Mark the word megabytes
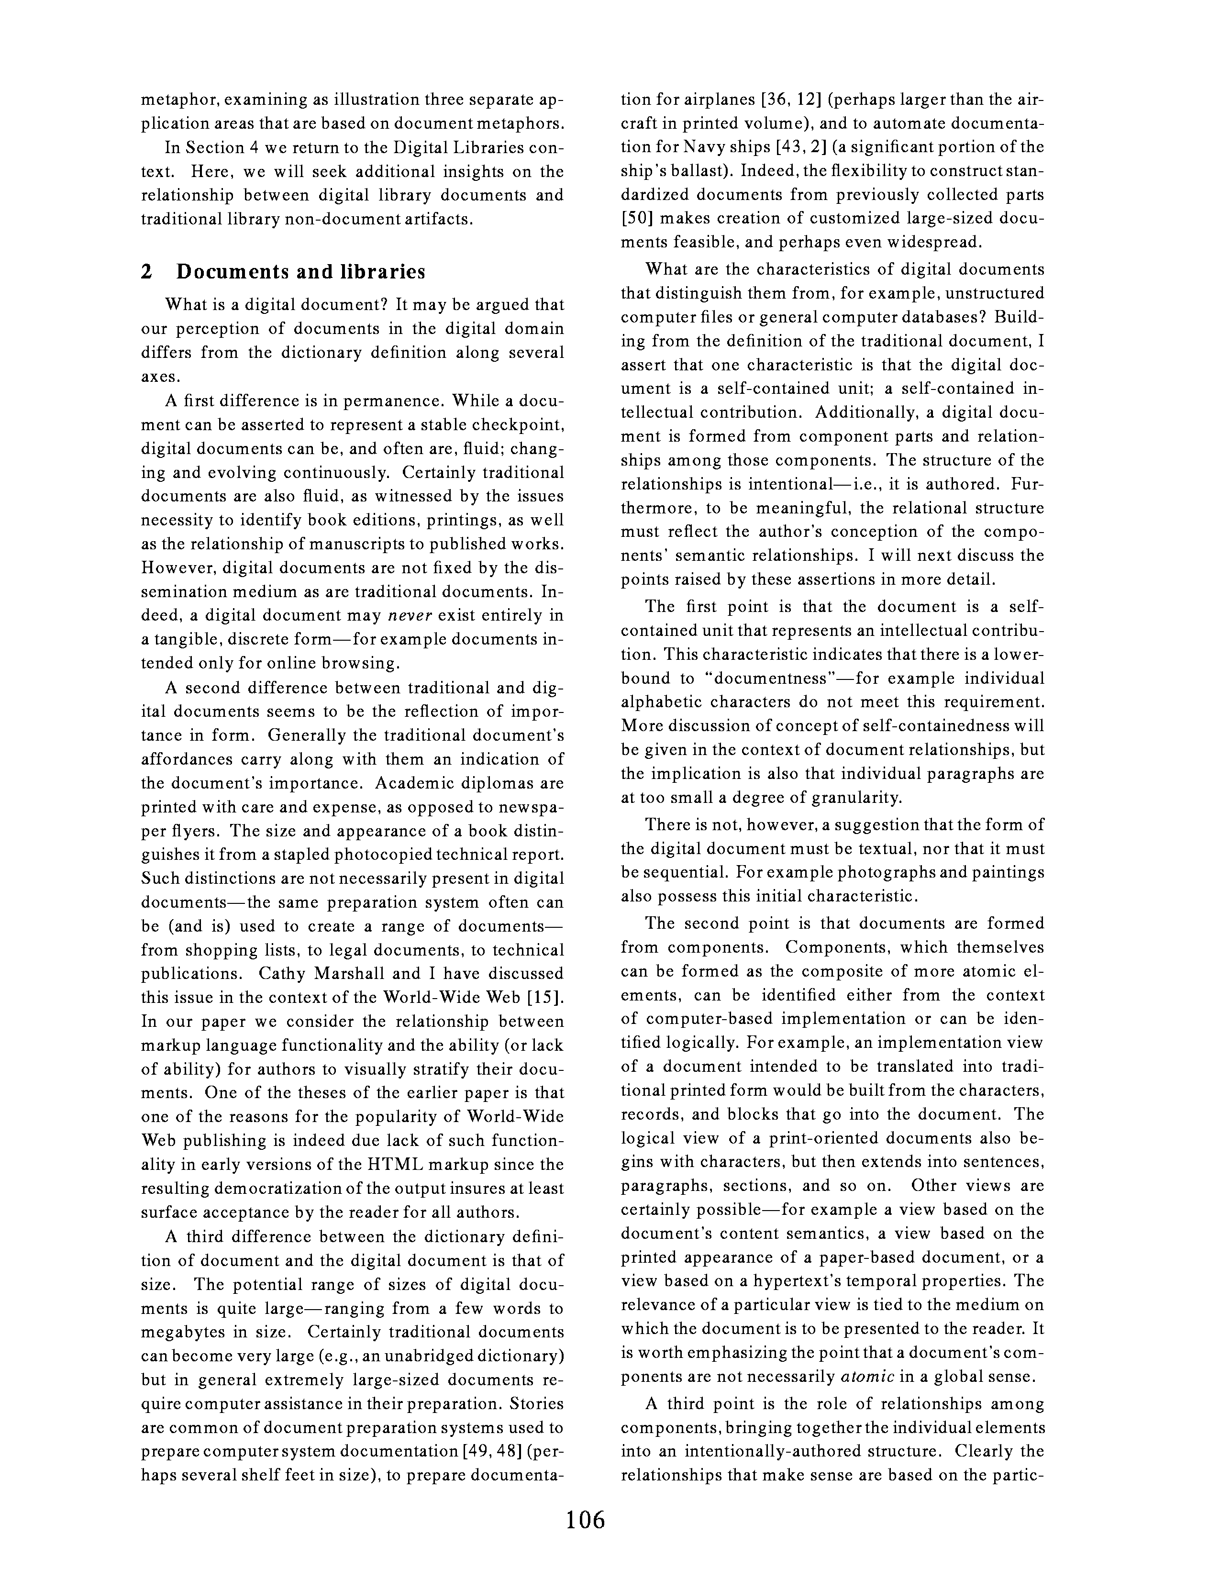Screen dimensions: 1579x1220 coord(183,1333)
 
